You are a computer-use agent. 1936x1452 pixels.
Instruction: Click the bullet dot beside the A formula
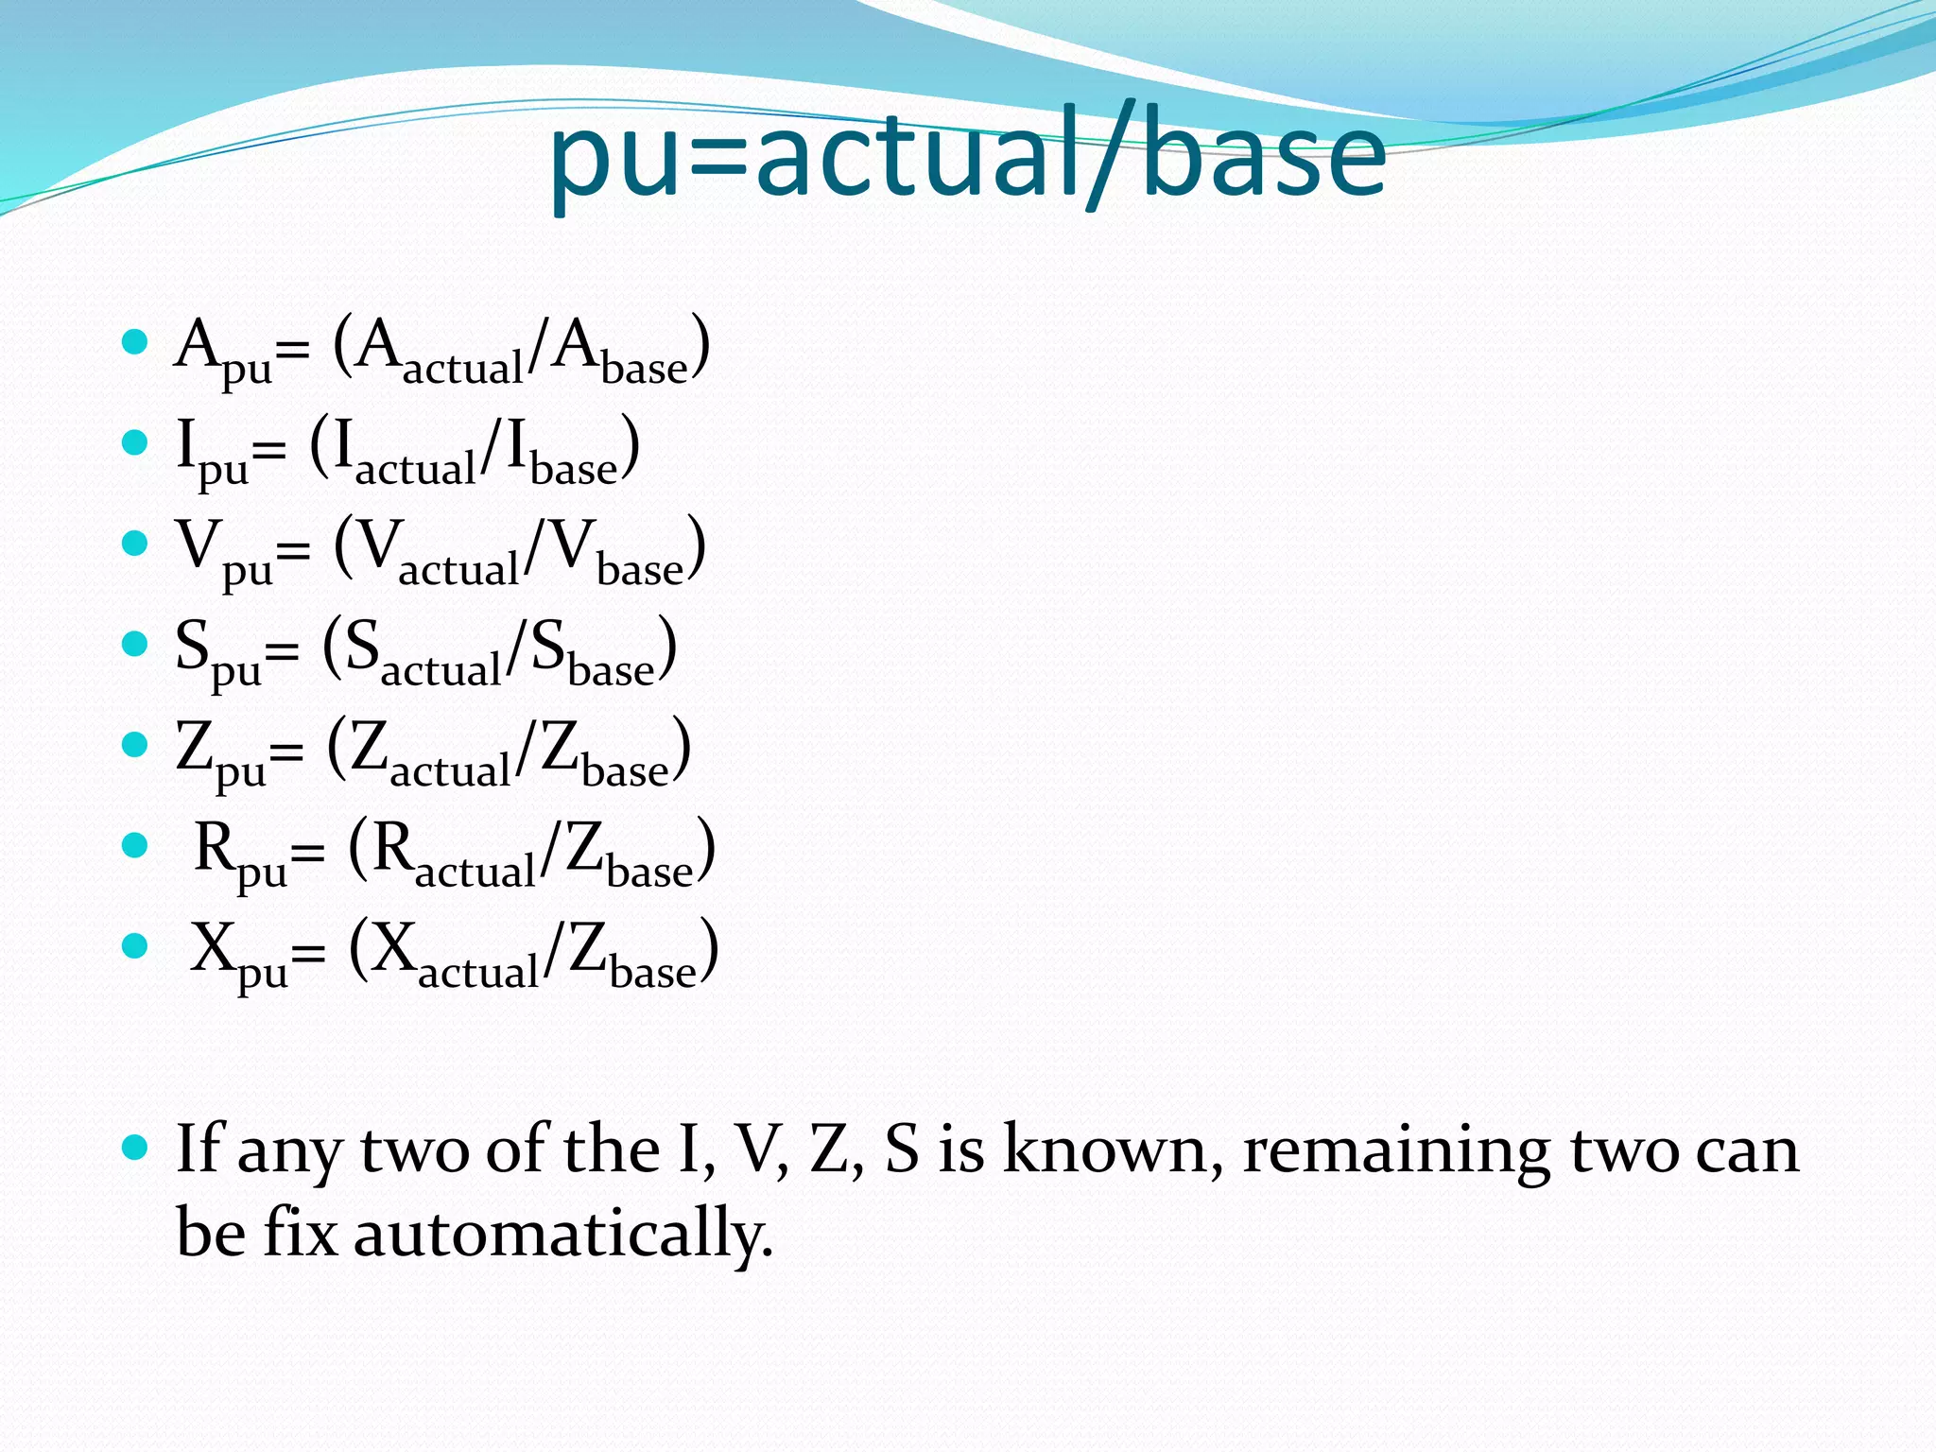[x=135, y=341]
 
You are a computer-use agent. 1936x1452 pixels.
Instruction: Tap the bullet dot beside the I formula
[x=135, y=442]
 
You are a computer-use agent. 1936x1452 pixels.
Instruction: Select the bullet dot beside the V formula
[x=135, y=544]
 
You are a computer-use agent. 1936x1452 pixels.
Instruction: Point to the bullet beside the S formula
[x=135, y=645]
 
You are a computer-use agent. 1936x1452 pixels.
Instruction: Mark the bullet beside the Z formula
[x=135, y=745]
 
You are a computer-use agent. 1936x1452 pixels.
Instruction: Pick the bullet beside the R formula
[x=135, y=845]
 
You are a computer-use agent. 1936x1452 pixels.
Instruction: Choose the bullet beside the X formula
[x=135, y=946]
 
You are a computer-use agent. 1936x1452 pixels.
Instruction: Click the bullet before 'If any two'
[x=135, y=1149]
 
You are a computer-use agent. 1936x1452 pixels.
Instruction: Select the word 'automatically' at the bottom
[x=563, y=1235]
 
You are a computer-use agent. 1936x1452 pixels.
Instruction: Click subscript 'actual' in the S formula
[x=441, y=669]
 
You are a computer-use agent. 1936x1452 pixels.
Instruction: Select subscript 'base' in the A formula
[x=645, y=368]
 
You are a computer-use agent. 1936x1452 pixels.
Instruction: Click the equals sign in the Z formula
[x=286, y=752]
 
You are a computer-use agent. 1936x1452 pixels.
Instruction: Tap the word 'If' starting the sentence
[x=199, y=1149]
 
